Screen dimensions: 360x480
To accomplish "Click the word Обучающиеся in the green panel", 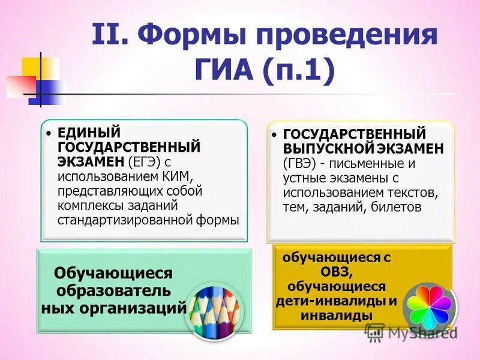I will (113, 274).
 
